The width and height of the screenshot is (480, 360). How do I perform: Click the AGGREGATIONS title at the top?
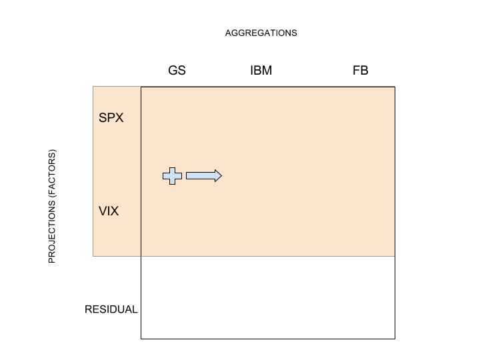261,33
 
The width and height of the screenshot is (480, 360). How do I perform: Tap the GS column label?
177,71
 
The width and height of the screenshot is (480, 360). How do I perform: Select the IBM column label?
261,71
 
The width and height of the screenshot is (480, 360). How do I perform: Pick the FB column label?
360,71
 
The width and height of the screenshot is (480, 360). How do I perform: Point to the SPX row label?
111,118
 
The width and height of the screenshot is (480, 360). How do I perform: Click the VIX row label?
109,211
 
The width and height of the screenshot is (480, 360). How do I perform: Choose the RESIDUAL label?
111,309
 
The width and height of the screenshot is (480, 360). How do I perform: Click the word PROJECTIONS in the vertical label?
52,232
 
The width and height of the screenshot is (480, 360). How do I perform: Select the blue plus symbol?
173,176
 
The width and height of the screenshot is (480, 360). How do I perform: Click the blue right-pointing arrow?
204,176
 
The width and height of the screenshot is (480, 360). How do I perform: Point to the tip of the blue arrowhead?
222,176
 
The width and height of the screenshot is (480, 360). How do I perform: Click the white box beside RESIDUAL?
268,297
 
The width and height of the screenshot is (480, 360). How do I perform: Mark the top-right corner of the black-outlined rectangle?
395,87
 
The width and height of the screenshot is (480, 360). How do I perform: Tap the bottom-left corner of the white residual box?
141,339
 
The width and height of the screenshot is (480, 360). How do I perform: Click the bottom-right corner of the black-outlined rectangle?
395,339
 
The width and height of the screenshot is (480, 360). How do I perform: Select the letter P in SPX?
111,118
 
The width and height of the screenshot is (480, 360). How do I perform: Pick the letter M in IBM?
267,71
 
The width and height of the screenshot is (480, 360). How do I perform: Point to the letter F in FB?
356,71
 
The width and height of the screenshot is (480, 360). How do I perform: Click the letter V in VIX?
103,211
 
